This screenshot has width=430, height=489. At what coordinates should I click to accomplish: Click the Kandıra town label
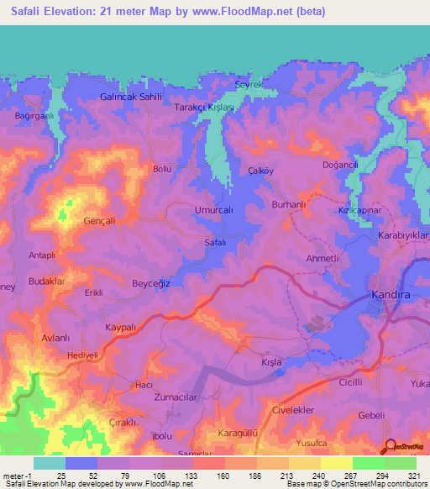[x=392, y=295]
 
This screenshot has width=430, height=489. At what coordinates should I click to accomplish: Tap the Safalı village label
[x=216, y=242]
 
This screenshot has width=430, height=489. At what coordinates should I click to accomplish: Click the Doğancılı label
[x=341, y=166]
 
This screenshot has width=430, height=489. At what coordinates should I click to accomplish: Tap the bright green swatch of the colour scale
[x=368, y=463]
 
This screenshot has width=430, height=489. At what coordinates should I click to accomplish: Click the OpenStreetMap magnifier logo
[x=390, y=447]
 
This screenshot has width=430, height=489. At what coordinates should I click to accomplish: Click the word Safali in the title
[x=30, y=13]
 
